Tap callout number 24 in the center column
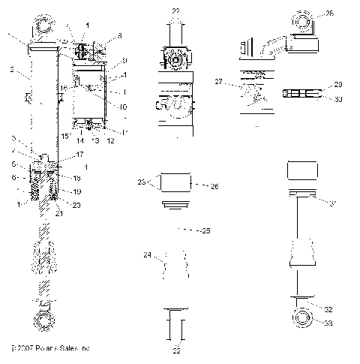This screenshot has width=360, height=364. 148,255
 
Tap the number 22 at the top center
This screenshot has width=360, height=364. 175,11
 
